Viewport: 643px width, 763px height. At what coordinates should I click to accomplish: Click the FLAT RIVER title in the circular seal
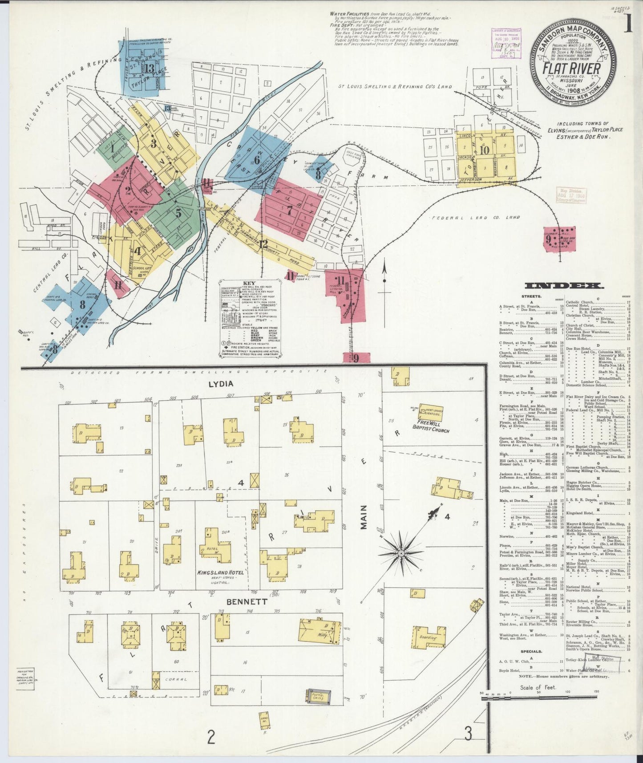point(571,70)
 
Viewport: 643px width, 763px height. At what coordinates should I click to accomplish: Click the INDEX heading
point(564,286)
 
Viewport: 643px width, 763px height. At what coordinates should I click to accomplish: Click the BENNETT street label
point(247,601)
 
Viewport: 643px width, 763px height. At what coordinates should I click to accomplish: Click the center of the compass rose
point(400,553)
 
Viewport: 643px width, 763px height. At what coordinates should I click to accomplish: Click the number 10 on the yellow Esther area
point(484,150)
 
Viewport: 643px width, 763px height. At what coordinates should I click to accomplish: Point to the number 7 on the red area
point(289,210)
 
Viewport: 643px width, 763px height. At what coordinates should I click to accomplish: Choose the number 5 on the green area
point(178,213)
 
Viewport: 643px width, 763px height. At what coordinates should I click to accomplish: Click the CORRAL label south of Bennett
point(175,680)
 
